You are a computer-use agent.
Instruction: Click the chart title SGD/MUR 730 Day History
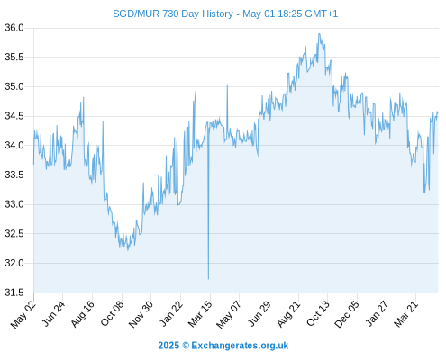pyautogui.click(x=173, y=13)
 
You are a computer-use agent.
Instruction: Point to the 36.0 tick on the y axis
pyautogui.click(x=14, y=28)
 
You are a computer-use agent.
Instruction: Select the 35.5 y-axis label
pyautogui.click(x=14, y=57)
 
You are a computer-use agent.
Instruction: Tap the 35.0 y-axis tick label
pyautogui.click(x=14, y=86)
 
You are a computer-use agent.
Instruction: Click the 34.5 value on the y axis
pyautogui.click(x=14, y=116)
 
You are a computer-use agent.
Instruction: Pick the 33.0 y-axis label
pyautogui.click(x=14, y=204)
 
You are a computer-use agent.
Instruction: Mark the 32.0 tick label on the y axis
pyautogui.click(x=14, y=263)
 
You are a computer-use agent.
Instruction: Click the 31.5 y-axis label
pyautogui.click(x=14, y=292)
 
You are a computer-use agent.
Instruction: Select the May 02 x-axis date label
pyautogui.click(x=23, y=314)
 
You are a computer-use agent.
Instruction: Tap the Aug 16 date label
pyautogui.click(x=83, y=313)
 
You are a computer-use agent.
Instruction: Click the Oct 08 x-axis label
pyautogui.click(x=112, y=313)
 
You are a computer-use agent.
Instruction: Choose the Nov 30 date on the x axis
pyautogui.click(x=141, y=314)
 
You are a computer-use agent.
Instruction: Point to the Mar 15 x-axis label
pyautogui.click(x=200, y=314)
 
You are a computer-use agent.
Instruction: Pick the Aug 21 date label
pyautogui.click(x=288, y=313)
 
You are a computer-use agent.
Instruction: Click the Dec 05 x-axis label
pyautogui.click(x=347, y=314)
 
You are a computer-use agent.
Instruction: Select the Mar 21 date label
pyautogui.click(x=405, y=314)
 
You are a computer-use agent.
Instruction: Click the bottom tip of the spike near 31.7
pyautogui.click(x=208, y=279)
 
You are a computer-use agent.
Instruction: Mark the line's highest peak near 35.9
pyautogui.click(x=319, y=33)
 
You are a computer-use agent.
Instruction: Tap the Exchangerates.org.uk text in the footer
pyautogui.click(x=240, y=346)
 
